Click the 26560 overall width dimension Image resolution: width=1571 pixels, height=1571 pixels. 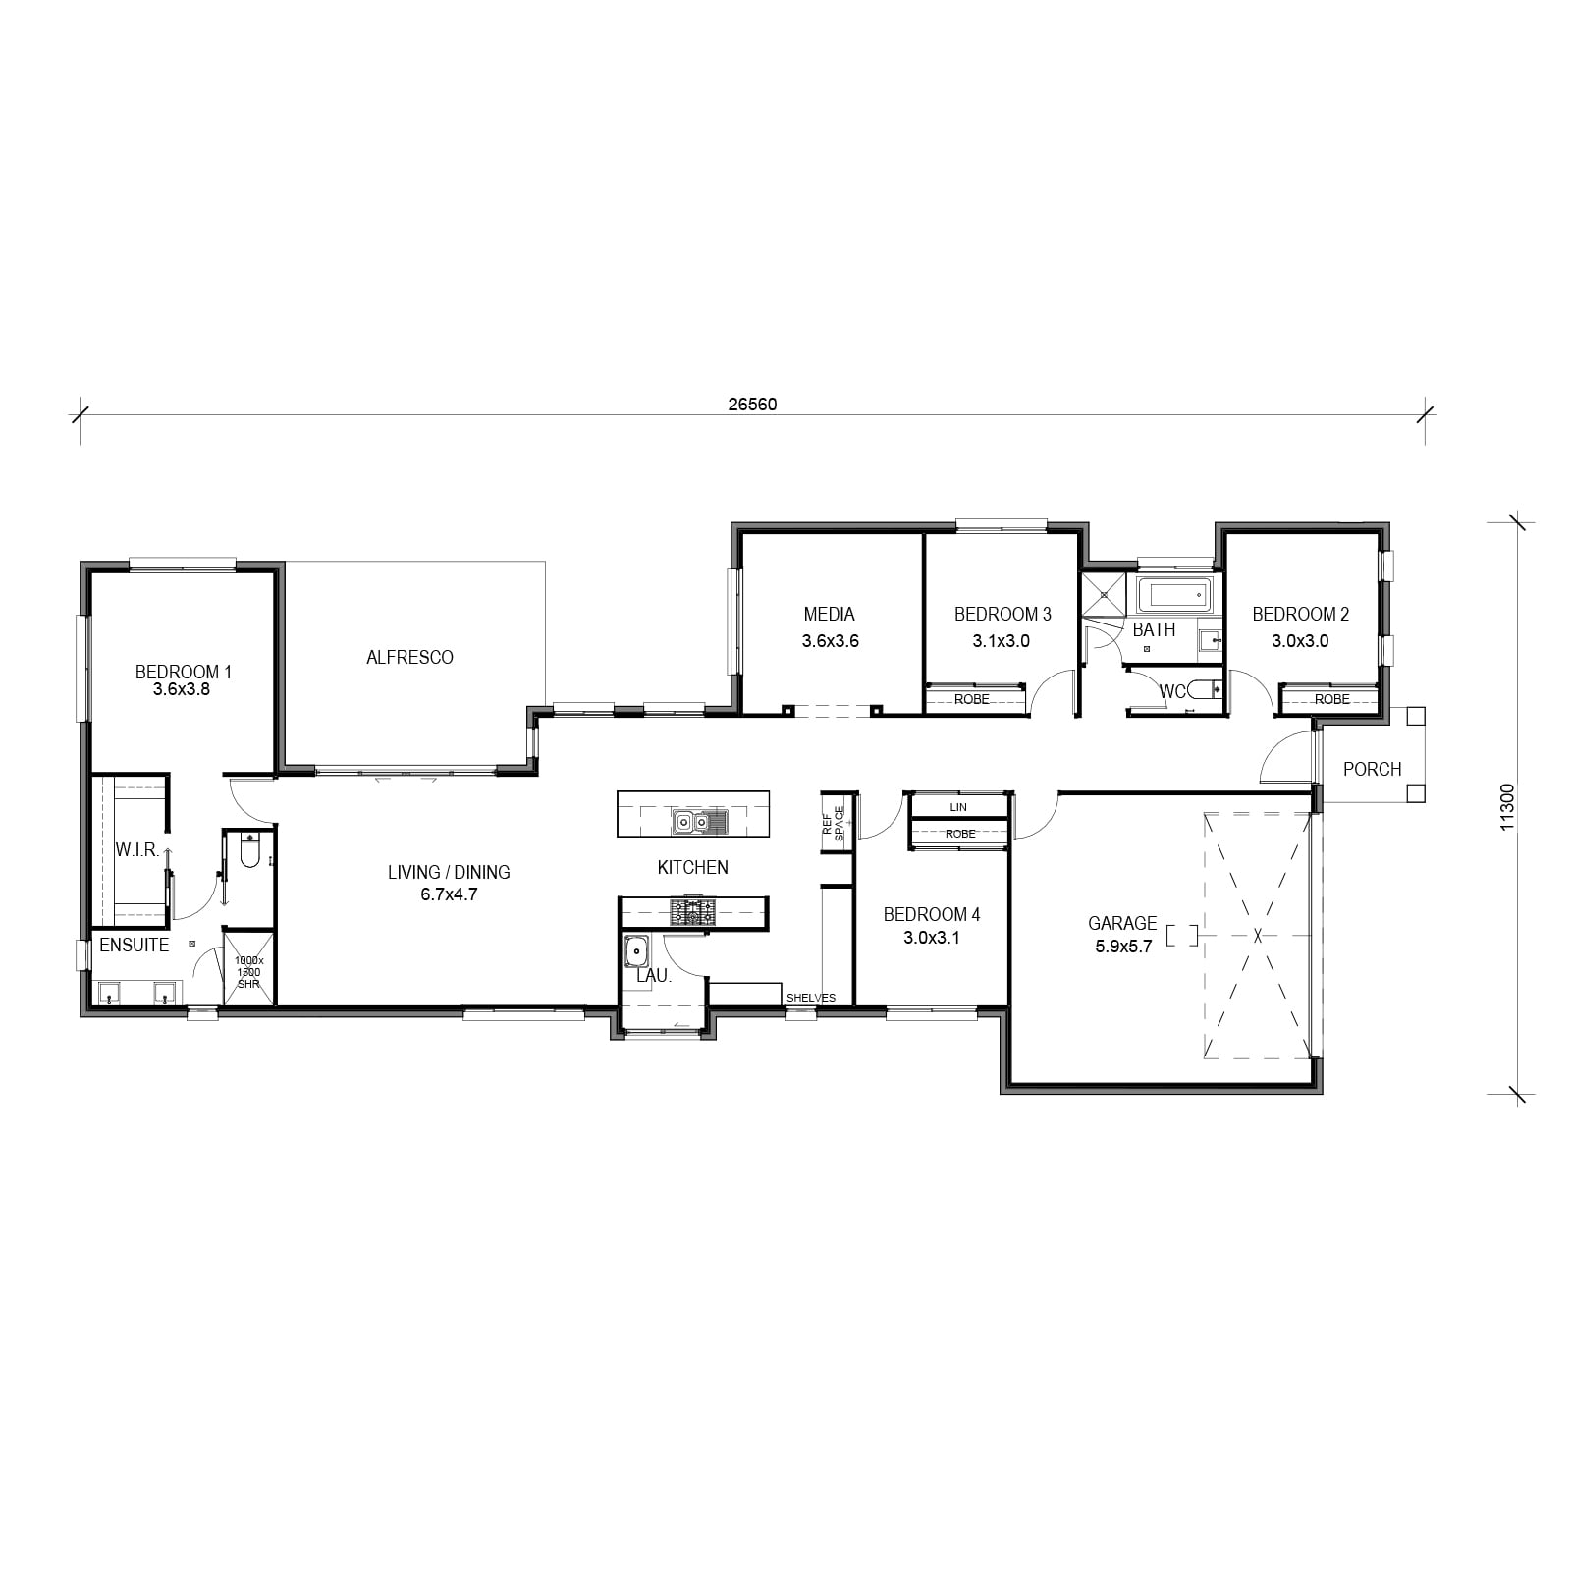point(752,404)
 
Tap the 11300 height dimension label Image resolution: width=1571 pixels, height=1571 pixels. point(1507,806)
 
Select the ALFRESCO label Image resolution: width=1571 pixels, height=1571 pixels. point(409,657)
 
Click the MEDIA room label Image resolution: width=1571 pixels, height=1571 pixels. point(829,614)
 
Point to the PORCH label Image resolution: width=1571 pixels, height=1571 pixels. point(1372,769)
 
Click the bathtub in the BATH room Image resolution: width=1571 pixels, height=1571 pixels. point(1174,595)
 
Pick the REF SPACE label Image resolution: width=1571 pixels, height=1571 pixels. point(833,823)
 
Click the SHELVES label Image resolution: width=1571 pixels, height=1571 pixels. point(811,998)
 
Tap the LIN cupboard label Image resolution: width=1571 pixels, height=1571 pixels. point(958,807)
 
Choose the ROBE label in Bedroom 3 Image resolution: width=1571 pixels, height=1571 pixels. point(972,699)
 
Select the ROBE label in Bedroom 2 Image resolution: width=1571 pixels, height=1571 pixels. point(1332,699)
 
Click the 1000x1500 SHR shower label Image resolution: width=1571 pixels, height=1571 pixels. point(248,972)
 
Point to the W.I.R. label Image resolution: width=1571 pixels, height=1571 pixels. point(137,850)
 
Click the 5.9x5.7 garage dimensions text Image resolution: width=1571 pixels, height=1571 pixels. point(1123,947)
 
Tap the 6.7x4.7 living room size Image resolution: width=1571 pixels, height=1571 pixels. point(448,894)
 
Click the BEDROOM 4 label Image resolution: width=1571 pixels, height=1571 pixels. point(931,914)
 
